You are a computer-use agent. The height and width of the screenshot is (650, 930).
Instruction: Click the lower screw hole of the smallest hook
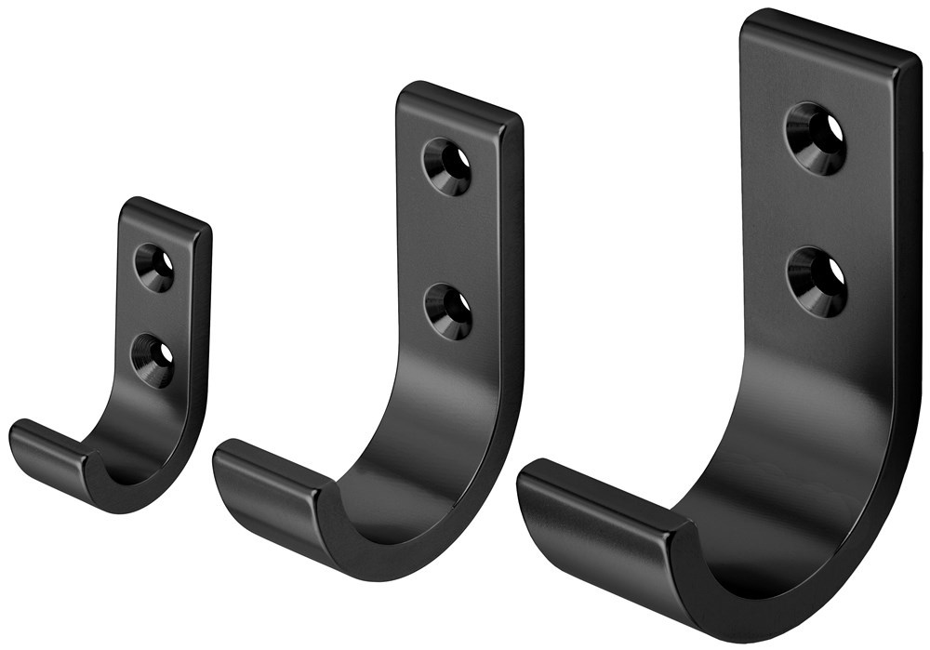click(x=153, y=361)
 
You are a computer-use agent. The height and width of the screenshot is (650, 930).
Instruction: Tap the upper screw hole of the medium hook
click(x=447, y=166)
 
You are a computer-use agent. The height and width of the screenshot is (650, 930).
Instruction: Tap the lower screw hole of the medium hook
click(x=448, y=312)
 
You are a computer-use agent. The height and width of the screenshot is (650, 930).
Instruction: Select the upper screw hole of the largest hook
click(x=816, y=138)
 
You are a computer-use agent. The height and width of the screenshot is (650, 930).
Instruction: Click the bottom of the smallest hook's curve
click(x=130, y=497)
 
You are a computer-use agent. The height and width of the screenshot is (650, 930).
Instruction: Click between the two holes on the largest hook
click(x=817, y=210)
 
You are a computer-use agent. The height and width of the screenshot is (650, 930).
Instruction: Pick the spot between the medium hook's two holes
click(x=448, y=240)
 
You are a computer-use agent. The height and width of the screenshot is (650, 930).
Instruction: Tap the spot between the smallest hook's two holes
click(x=153, y=314)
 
